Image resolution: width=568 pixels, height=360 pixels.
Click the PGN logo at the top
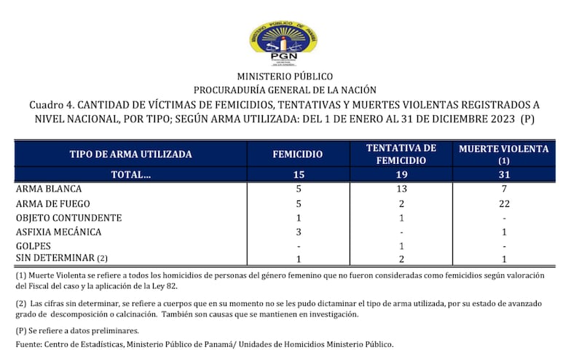(x=283, y=42)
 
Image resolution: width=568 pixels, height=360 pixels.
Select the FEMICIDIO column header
(x=297, y=154)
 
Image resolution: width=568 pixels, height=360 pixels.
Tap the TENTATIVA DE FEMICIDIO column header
(x=402, y=154)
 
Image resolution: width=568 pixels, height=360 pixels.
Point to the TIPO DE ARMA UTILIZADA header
(x=130, y=154)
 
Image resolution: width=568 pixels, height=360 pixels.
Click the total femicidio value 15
(x=297, y=174)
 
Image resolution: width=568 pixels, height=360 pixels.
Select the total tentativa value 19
(x=402, y=174)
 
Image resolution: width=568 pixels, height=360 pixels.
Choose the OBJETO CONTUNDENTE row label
(x=68, y=218)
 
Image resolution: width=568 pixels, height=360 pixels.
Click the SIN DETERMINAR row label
(x=56, y=259)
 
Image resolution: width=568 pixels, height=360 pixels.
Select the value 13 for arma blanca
(x=402, y=189)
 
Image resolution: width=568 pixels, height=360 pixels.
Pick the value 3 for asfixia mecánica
(x=297, y=232)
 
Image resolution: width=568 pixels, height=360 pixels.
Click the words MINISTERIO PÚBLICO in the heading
(x=284, y=76)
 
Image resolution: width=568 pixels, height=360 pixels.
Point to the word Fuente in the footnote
(x=30, y=344)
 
